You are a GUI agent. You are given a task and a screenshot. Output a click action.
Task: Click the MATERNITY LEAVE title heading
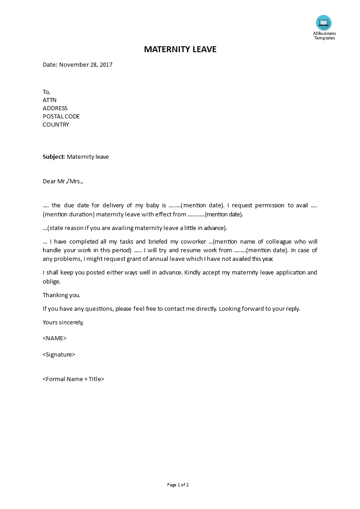[180, 49]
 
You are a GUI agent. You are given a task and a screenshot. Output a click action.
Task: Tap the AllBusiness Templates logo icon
[324, 23]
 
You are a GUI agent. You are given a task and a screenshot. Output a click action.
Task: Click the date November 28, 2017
[85, 65]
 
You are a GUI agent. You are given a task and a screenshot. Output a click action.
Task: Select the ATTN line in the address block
[49, 100]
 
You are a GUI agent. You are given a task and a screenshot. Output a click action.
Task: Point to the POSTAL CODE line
[61, 117]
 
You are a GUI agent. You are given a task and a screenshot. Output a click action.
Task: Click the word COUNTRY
[56, 125]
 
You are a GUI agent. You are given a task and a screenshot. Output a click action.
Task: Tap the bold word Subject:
[54, 157]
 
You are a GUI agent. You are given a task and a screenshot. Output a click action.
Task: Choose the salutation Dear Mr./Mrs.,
[63, 181]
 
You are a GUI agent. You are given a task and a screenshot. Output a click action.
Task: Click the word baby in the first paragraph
[152, 206]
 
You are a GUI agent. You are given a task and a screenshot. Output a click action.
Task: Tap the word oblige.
[51, 281]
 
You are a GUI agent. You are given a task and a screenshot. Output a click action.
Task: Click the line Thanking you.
[61, 295]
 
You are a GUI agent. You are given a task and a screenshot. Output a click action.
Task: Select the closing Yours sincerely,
[63, 323]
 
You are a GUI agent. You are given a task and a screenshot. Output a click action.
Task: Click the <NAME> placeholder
[54, 338]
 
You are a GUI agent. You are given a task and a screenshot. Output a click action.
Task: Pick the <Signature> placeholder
[59, 355]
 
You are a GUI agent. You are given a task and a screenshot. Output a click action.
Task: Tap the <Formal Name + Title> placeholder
[74, 379]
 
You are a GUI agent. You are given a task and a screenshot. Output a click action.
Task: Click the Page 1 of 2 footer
[178, 485]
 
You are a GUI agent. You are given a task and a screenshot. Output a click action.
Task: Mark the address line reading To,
[46, 92]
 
